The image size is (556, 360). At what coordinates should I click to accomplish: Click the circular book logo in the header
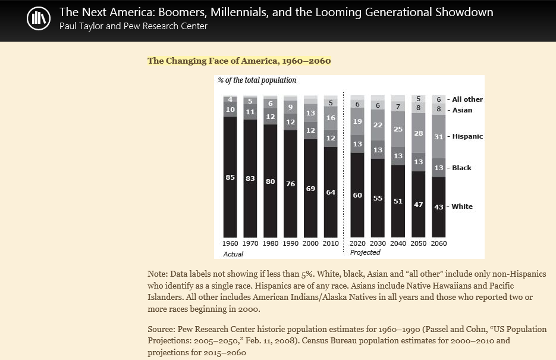(39, 18)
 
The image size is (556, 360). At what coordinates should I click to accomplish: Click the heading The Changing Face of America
(239, 61)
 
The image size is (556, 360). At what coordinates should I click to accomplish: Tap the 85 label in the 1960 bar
(230, 177)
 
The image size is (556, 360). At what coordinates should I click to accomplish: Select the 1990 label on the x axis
(290, 243)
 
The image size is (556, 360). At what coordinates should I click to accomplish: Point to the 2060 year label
(439, 243)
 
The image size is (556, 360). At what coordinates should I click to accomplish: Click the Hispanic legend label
(467, 136)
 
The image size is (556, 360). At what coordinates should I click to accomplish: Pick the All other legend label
(467, 99)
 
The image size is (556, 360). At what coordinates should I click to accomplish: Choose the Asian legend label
(462, 110)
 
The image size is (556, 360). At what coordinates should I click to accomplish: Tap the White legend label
(462, 206)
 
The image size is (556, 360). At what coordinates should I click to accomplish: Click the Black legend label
(461, 168)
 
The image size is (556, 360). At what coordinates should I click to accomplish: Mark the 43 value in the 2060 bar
(439, 207)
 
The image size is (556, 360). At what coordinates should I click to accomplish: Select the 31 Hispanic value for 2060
(439, 136)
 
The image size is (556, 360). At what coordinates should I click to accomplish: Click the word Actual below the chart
(233, 254)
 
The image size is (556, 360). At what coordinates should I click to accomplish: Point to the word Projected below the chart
(365, 252)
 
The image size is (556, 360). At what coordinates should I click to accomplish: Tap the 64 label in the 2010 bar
(331, 192)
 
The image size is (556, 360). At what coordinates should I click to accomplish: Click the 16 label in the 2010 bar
(331, 118)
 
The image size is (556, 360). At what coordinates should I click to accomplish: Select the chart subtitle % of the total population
(257, 80)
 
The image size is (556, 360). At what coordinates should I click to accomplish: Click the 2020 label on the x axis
(357, 243)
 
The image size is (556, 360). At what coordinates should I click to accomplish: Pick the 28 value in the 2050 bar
(419, 133)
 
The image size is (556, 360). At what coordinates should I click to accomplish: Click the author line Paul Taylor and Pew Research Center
(133, 26)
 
